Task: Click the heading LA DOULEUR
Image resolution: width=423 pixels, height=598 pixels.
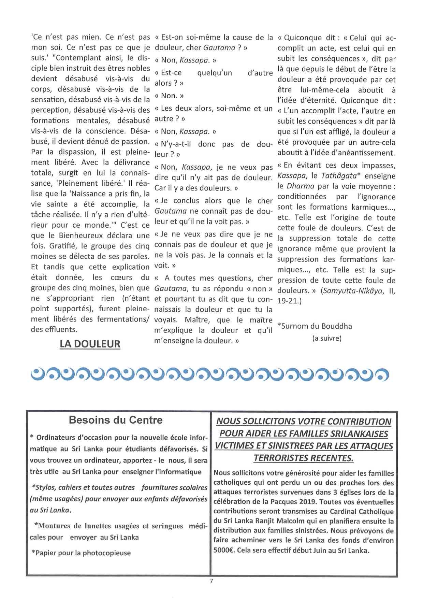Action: (90, 344)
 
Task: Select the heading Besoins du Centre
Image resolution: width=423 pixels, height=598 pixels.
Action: (116, 420)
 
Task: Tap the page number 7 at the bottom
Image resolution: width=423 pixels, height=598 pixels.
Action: (211, 581)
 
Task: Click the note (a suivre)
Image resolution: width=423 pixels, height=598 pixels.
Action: (327, 339)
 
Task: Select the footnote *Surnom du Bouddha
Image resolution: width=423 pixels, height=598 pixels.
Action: (315, 326)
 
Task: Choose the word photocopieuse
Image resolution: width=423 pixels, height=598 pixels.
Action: (107, 553)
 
